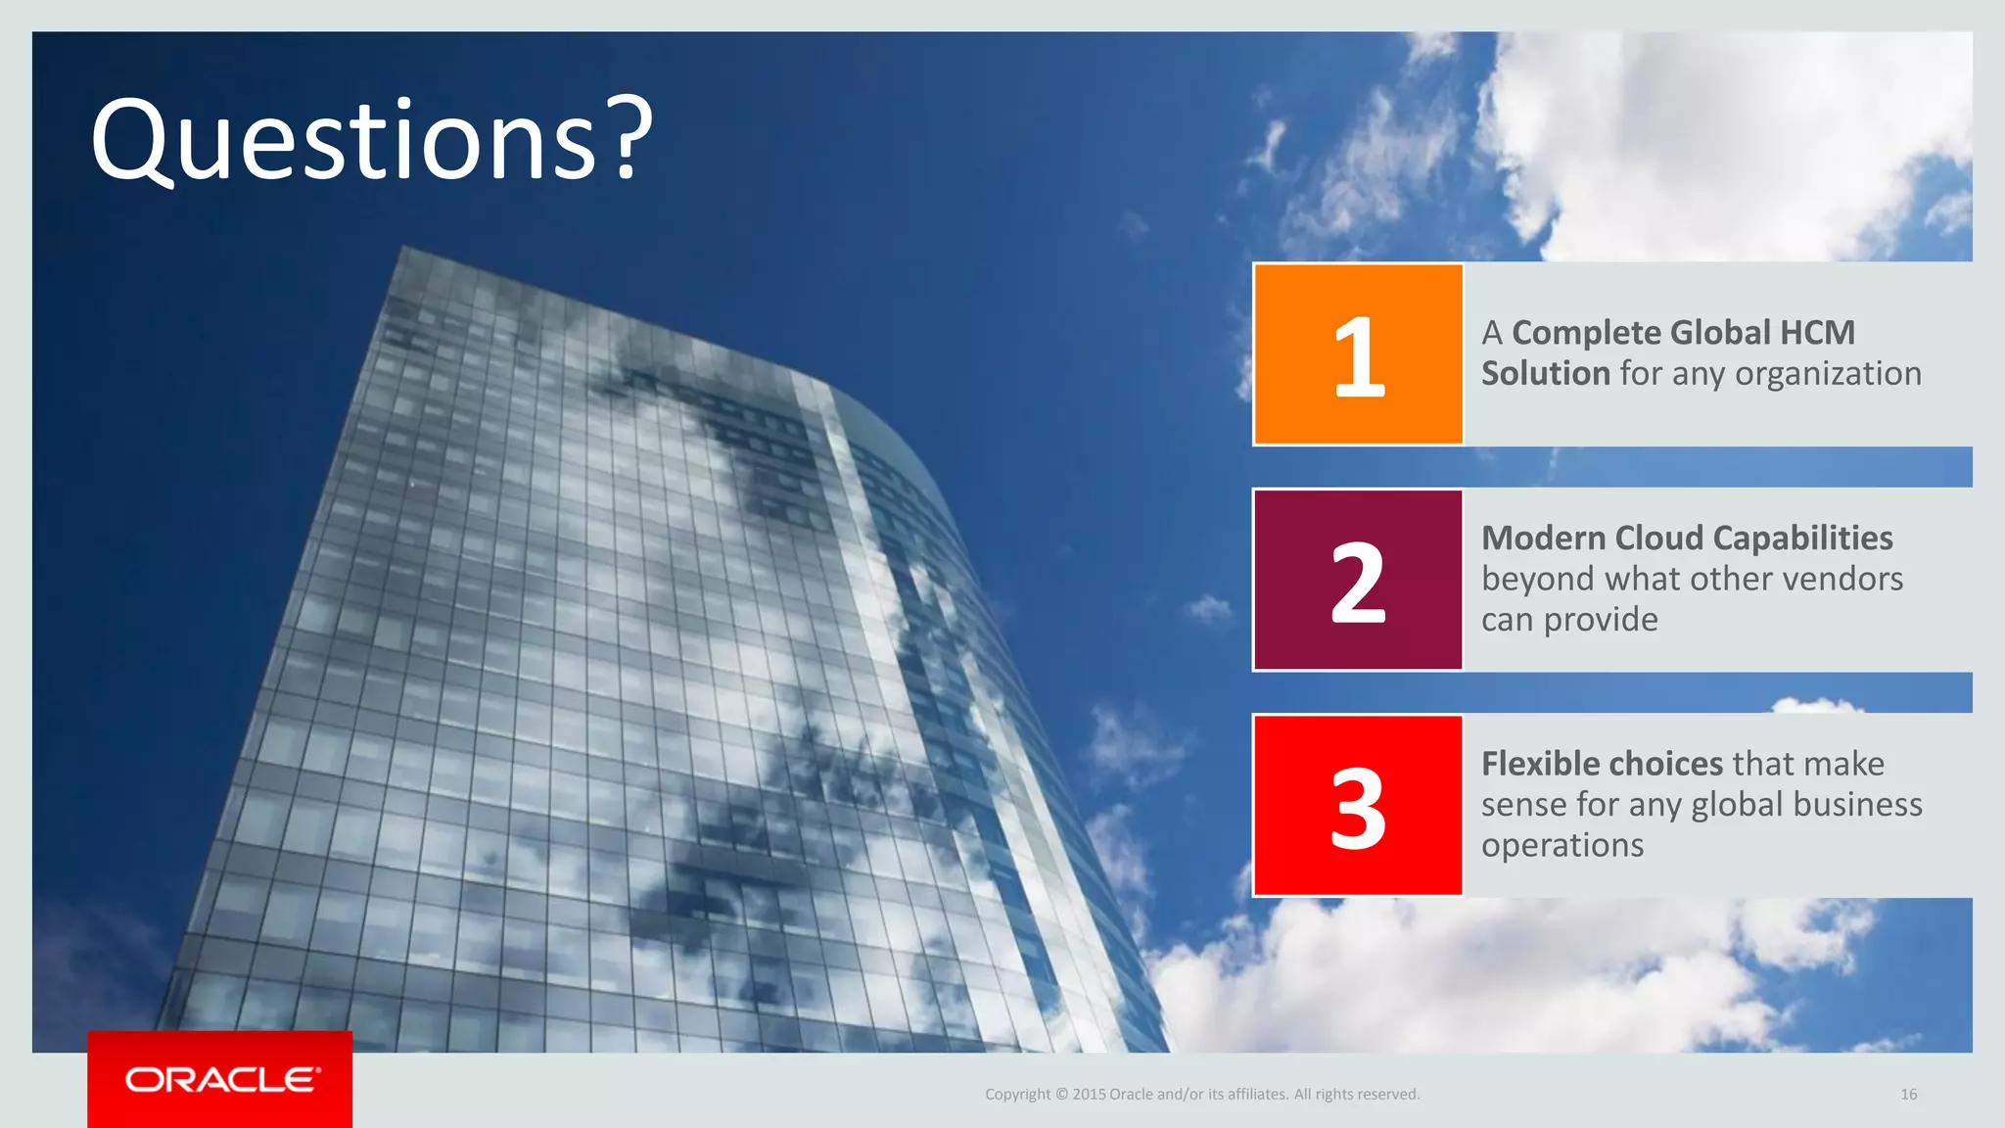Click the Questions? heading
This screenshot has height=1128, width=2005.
(371, 140)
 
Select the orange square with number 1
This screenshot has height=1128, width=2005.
(1358, 354)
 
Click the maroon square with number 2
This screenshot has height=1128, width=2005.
(1358, 581)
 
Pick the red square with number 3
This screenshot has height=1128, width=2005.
(1358, 806)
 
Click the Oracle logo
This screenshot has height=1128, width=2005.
(221, 1079)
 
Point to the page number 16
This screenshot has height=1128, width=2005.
(1908, 1094)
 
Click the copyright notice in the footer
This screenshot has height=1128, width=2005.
(1201, 1094)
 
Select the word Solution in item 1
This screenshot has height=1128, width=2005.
(1545, 373)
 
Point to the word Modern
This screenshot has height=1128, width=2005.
(1543, 538)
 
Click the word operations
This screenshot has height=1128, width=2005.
(1562, 845)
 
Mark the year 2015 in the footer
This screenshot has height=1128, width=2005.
(1088, 1094)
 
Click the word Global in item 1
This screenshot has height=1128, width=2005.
(1720, 333)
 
